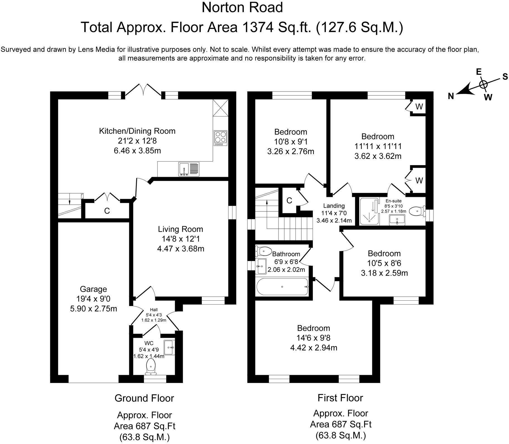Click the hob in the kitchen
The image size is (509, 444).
coord(221,138)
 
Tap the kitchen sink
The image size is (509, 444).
coord(189,169)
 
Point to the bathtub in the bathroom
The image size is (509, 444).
coord(282,287)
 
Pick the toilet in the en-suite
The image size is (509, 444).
coord(417,211)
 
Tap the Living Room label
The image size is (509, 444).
coord(181,229)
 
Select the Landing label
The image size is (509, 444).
coord(334,206)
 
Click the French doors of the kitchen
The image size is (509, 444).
coord(143,90)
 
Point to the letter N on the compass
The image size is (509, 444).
coord(451,96)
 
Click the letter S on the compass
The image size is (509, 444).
coord(505,77)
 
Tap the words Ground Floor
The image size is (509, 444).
coord(144,398)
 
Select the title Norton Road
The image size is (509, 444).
coord(242,8)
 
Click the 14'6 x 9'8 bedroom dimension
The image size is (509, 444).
coord(314,338)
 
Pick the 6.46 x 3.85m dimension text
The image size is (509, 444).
coord(137,151)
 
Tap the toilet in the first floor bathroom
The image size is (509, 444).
coord(263,252)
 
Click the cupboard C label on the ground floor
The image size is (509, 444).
coord(107,211)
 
